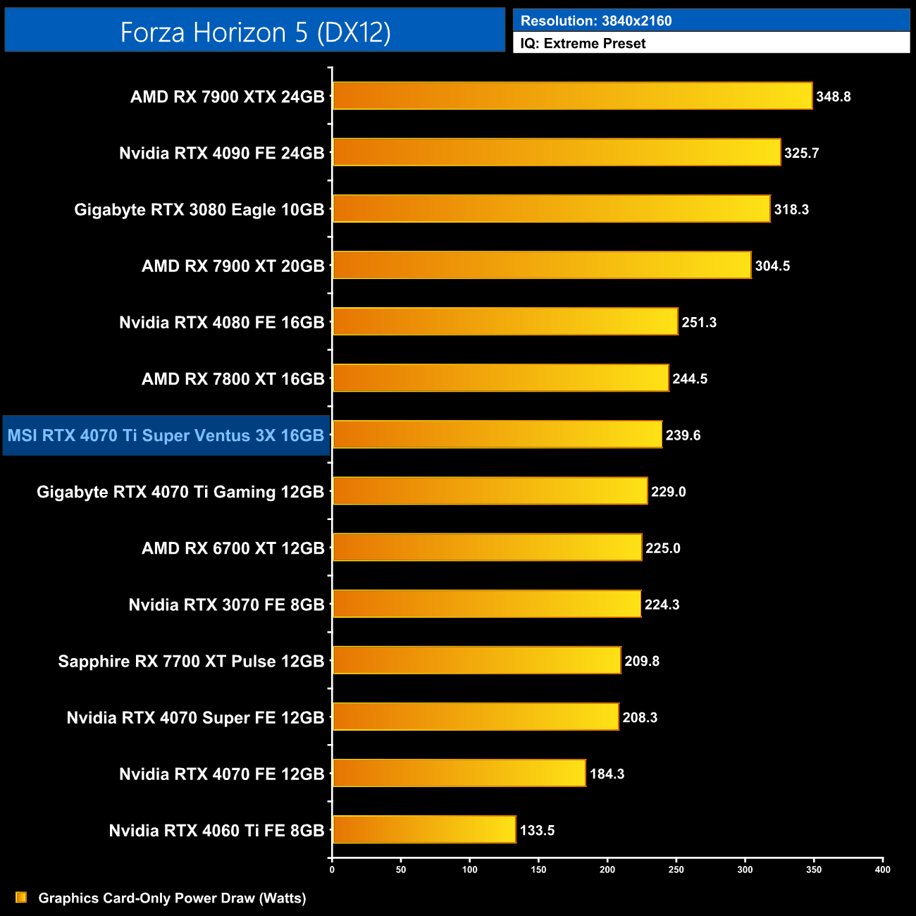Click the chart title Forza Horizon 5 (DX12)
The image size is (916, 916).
tap(255, 32)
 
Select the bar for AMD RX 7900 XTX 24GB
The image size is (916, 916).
tap(572, 96)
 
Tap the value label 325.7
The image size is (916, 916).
tap(801, 153)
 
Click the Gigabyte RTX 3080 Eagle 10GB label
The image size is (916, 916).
tap(199, 209)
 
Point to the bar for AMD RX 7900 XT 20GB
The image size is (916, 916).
tap(542, 265)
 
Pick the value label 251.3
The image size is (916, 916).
tap(699, 322)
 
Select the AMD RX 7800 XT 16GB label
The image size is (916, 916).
tap(233, 379)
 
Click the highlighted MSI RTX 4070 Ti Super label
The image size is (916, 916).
tap(166, 435)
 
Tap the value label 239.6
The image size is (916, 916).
tap(683, 435)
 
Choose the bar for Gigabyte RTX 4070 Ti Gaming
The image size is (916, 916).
tap(490, 491)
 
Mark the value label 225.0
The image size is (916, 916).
tap(663, 548)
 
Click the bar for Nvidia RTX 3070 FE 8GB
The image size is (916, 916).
tap(487, 604)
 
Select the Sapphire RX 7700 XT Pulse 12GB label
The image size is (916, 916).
tap(191, 661)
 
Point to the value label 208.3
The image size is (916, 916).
tap(640, 717)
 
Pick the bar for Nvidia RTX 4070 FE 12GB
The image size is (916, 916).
tap(459, 773)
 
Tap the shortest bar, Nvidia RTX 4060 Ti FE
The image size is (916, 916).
tap(424, 829)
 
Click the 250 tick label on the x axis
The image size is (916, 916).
tap(676, 869)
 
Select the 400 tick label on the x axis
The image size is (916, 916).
tap(882, 869)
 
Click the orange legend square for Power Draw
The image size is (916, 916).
tap(21, 897)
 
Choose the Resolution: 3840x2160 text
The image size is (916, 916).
tap(596, 20)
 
